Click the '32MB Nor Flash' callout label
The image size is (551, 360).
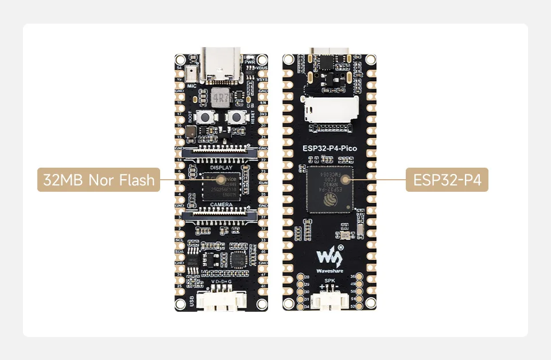(x=98, y=180)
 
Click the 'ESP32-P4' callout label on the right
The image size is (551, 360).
(x=447, y=180)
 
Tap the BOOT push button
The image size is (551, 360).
(x=202, y=118)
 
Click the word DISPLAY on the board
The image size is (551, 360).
(x=221, y=168)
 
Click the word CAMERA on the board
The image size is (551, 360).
(x=221, y=204)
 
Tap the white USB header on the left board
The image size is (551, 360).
(x=221, y=301)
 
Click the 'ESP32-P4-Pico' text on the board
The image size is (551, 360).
(x=329, y=149)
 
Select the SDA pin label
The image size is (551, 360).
(x=180, y=251)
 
